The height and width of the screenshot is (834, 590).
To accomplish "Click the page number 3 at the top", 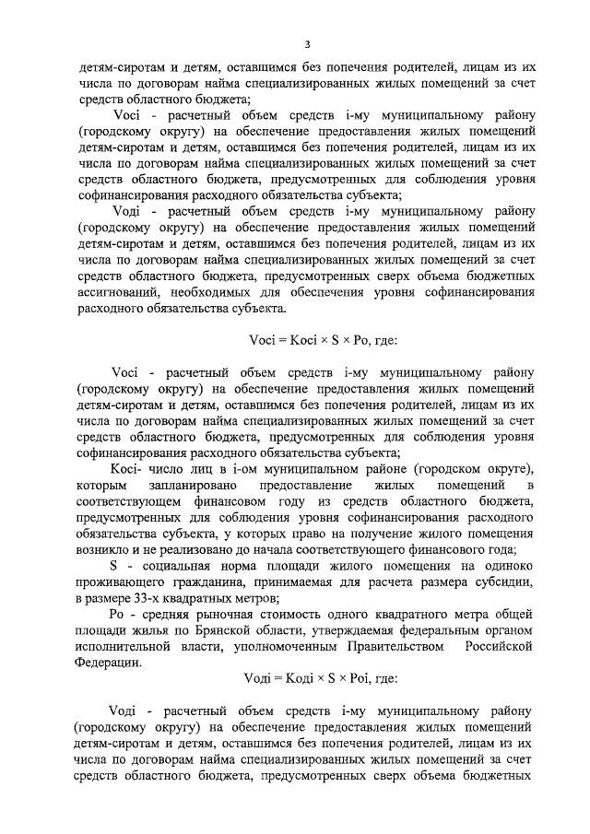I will pyautogui.click(x=307, y=44).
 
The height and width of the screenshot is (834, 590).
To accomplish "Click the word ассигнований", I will pyautogui.click(x=122, y=293).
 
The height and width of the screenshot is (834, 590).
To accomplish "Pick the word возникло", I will pyautogui.click(x=105, y=549).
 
